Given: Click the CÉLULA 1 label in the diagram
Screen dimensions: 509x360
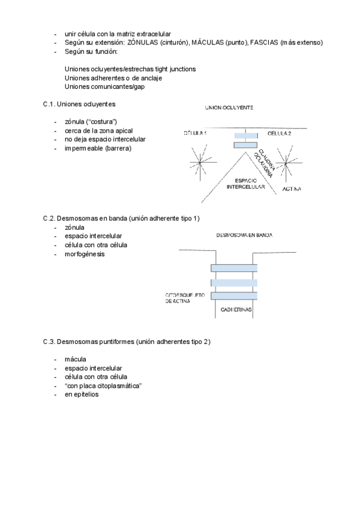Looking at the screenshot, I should pos(195,133).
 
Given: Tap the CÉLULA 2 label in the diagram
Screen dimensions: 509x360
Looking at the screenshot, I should pos(279,133).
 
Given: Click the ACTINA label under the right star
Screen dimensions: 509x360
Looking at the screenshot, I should pos(292,190).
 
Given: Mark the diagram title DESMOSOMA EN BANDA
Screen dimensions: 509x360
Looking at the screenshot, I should pos(244,235).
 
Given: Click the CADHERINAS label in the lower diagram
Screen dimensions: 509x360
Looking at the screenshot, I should pos(235,310).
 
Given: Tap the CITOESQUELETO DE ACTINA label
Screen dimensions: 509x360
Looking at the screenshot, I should pos(185,298).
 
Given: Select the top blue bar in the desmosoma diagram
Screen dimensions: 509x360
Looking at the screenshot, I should pos(234,268).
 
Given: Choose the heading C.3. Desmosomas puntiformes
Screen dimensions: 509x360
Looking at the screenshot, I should pos(127,342).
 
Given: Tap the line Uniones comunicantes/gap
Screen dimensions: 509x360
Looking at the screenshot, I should pos(104,87).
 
